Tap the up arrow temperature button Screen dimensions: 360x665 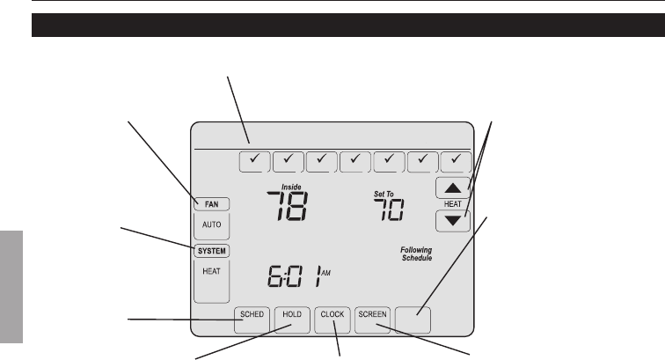451,187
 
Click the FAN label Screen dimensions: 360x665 212,204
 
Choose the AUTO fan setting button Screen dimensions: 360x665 212,225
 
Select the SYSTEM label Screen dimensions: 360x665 211,251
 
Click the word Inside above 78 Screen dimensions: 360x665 291,187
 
